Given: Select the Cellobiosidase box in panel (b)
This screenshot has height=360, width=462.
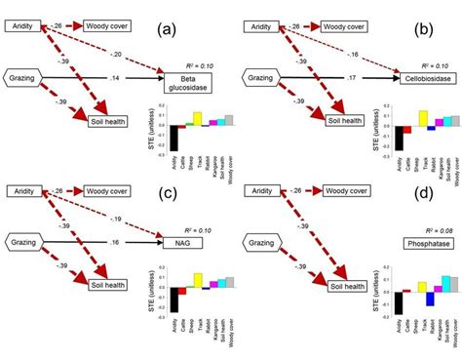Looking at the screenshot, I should click(425, 77).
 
